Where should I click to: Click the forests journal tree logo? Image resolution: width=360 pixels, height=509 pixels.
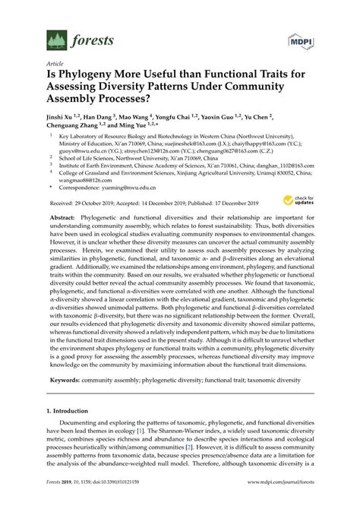tap(57, 39)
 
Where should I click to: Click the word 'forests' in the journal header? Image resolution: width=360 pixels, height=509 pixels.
tap(93, 40)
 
